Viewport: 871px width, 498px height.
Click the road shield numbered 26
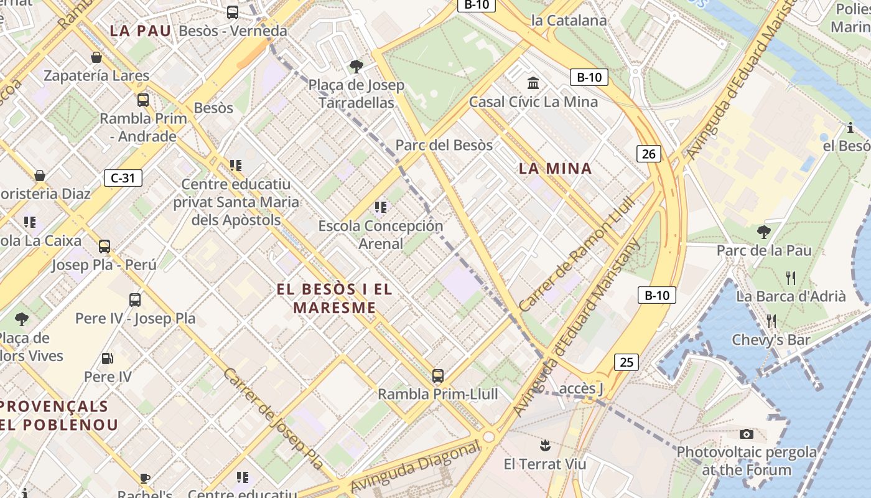pyautogui.click(x=648, y=153)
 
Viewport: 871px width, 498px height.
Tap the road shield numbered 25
pyautogui.click(x=626, y=362)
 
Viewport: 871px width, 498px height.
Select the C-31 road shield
pyautogui.click(x=123, y=178)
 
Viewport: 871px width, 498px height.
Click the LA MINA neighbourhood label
pyautogui.click(x=555, y=168)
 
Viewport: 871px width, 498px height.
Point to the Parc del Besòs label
pyautogui.click(x=444, y=145)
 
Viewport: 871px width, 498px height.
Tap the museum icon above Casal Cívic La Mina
pyautogui.click(x=533, y=83)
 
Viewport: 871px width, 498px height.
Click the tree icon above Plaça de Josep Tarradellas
pyautogui.click(x=356, y=66)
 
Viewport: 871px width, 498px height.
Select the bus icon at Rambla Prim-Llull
pyautogui.click(x=438, y=375)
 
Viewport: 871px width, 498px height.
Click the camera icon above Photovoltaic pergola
pyautogui.click(x=747, y=434)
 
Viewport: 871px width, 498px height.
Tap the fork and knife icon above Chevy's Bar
pyautogui.click(x=771, y=321)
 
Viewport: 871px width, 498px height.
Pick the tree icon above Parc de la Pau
pyautogui.click(x=764, y=232)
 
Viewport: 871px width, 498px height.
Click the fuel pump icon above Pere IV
pyautogui.click(x=108, y=359)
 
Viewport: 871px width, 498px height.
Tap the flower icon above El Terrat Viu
pyautogui.click(x=545, y=445)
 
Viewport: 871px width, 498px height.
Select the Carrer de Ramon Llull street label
pyautogui.click(x=575, y=255)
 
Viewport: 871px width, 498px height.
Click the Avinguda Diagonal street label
pyautogui.click(x=415, y=467)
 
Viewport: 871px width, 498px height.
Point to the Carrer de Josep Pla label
pyautogui.click(x=274, y=418)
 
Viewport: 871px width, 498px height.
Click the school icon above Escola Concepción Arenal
pyautogui.click(x=381, y=207)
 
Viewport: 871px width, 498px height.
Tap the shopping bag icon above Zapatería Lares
pyautogui.click(x=96, y=57)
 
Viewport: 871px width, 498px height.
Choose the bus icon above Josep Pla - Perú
pyautogui.click(x=105, y=246)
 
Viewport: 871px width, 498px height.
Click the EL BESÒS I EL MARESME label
pyautogui.click(x=335, y=298)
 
